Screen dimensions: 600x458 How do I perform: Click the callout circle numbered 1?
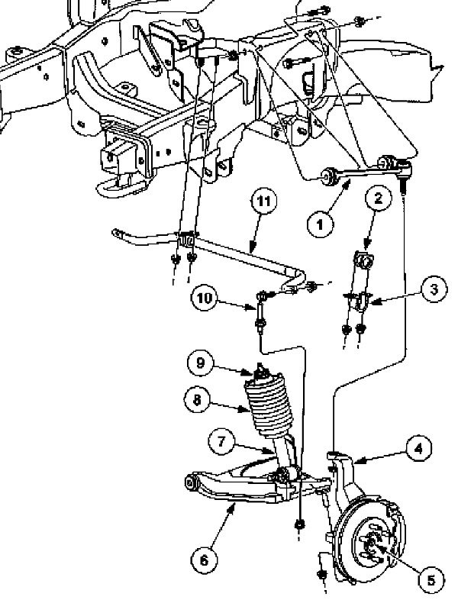pos(321,224)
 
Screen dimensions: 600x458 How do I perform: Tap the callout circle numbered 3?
pos(432,289)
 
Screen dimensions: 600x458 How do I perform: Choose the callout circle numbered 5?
pos(430,581)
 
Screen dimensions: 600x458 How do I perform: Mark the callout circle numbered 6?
pos(203,560)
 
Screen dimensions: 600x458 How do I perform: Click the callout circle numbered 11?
pos(263,203)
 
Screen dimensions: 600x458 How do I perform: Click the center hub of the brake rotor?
pos(373,544)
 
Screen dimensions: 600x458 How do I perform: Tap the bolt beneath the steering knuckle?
pos(321,573)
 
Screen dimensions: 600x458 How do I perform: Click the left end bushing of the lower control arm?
pos(190,481)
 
